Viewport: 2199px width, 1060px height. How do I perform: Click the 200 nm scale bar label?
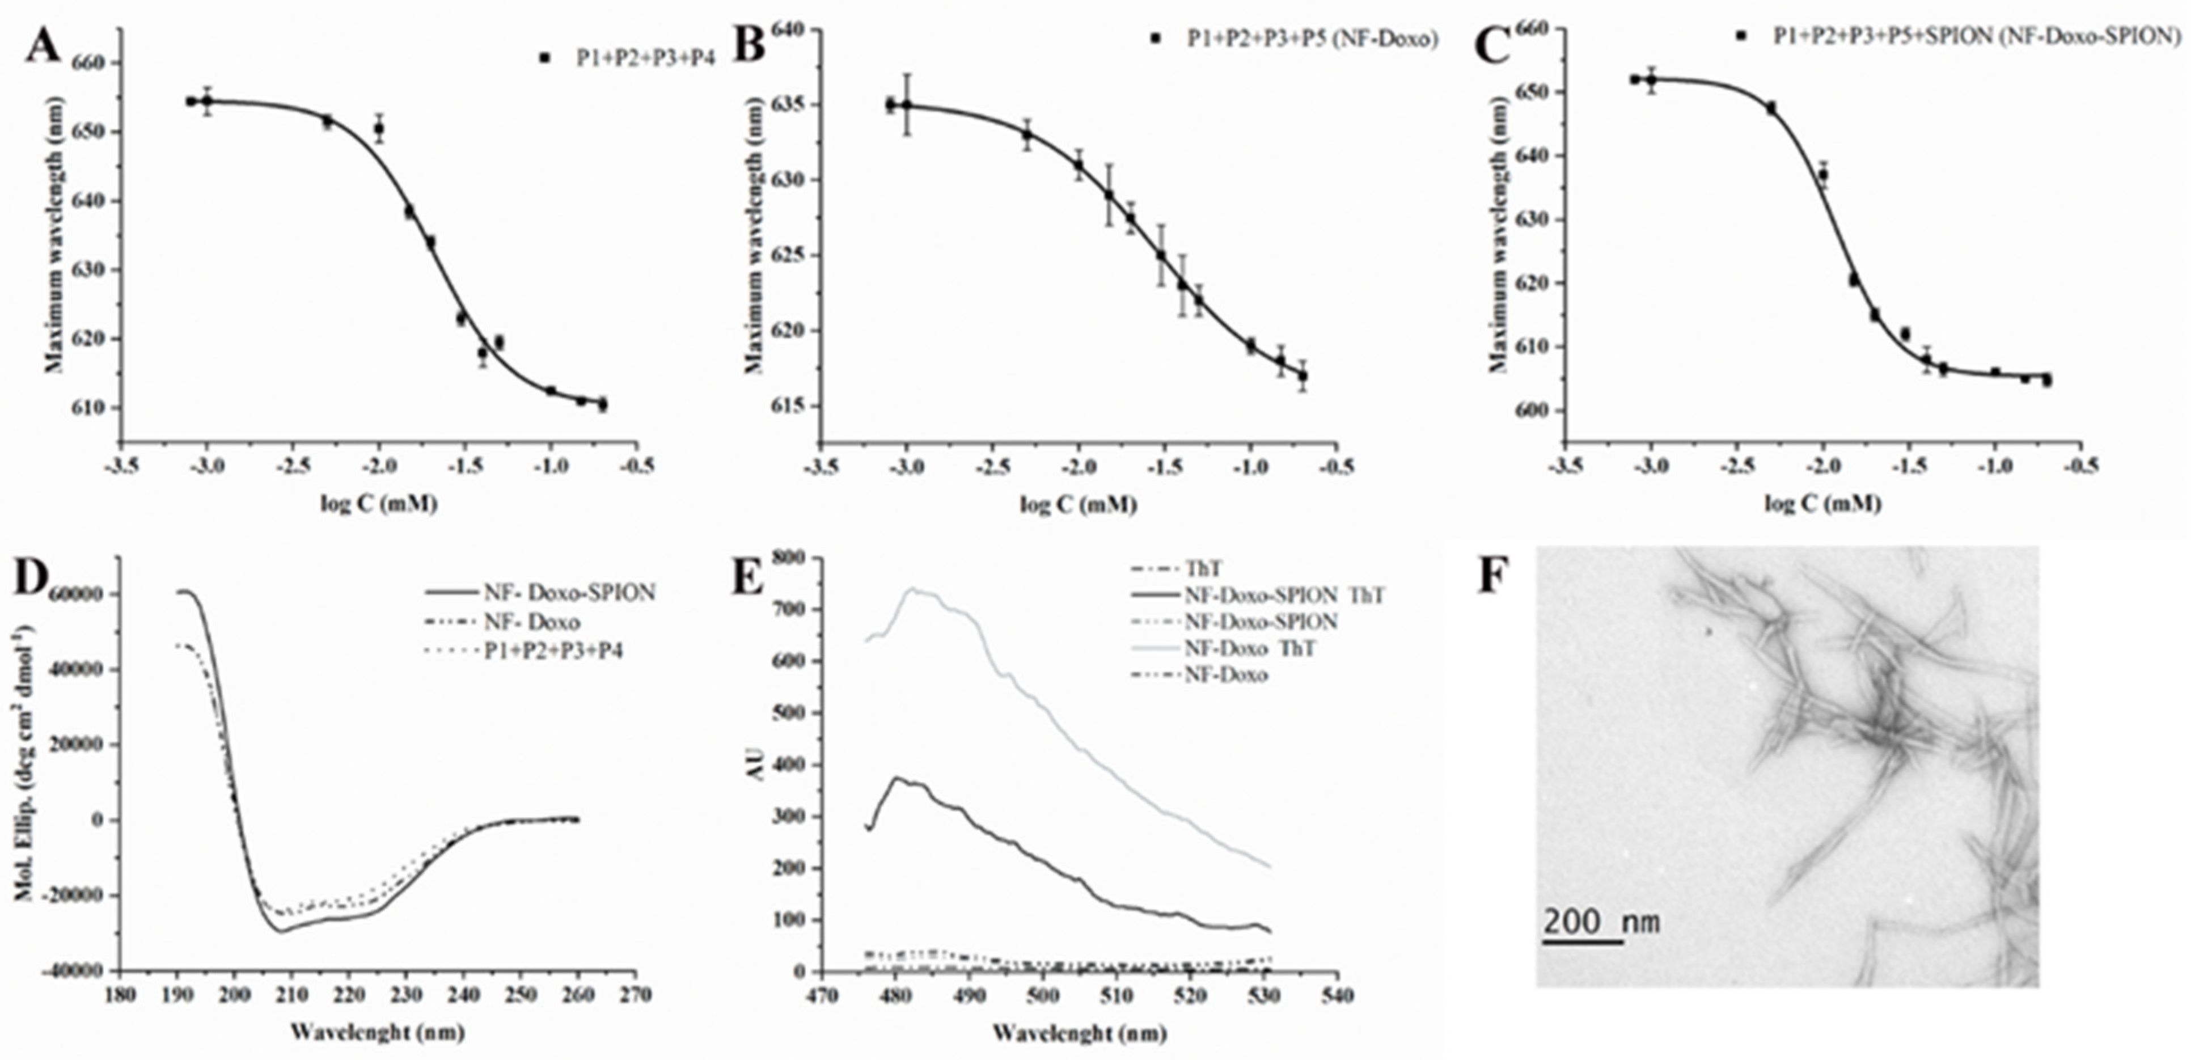[1601, 922]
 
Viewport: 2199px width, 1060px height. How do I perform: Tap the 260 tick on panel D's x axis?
[578, 995]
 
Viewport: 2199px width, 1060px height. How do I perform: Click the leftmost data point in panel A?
[191, 102]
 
